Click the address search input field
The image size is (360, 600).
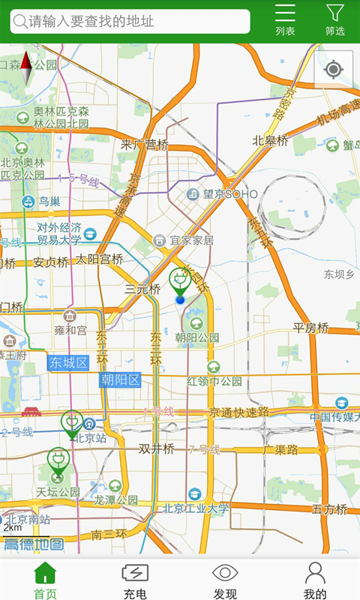(x=130, y=21)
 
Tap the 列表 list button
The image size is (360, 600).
(x=285, y=20)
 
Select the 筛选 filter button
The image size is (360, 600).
(x=334, y=20)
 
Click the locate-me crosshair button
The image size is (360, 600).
(x=334, y=70)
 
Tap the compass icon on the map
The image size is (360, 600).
(x=26, y=68)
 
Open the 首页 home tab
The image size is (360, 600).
(x=45, y=580)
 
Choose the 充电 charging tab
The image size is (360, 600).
(x=135, y=580)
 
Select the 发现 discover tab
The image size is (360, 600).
(x=225, y=580)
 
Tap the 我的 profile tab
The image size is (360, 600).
(x=315, y=580)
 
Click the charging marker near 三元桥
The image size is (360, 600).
(x=179, y=282)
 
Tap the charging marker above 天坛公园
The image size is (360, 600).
(x=58, y=461)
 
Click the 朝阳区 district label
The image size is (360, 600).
(x=121, y=379)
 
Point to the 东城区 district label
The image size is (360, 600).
(x=68, y=363)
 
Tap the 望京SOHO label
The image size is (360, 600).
(x=222, y=194)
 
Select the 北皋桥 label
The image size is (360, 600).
(x=270, y=140)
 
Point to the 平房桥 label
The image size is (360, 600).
(x=310, y=328)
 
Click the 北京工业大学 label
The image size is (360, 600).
(x=196, y=508)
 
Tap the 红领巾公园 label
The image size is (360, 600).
(x=214, y=381)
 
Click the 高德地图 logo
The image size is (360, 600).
(x=33, y=544)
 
